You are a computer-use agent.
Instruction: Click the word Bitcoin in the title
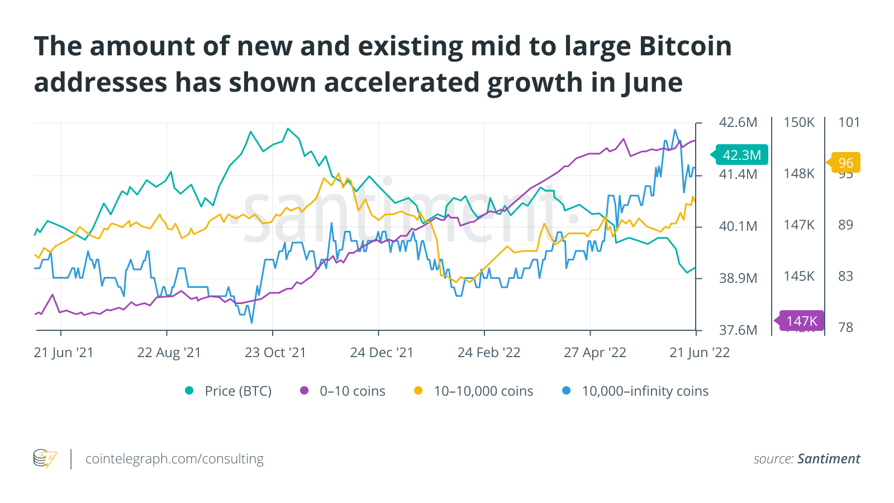[685, 46]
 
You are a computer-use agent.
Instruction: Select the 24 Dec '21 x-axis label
[382, 353]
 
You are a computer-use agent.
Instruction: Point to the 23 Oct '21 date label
[275, 353]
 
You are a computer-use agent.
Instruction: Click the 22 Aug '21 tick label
[169, 353]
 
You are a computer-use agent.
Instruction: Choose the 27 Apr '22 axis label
[595, 353]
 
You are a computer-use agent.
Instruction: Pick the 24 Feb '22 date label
[489, 353]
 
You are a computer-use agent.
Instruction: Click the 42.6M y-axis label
[738, 122]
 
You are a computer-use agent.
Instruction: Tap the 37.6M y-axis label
[738, 330]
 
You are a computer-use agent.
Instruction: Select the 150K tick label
[799, 122]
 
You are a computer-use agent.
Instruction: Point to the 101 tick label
[849, 122]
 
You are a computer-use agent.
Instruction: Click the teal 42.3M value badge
[741, 155]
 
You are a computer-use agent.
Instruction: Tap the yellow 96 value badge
[846, 163]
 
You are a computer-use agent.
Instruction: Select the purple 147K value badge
[801, 321]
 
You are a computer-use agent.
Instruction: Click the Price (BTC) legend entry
[237, 391]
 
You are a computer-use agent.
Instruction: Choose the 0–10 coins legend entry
[352, 391]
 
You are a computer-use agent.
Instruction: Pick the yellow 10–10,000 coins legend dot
[418, 391]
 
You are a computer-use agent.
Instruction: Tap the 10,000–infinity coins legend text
[645, 391]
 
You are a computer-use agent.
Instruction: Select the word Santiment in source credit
[829, 459]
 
